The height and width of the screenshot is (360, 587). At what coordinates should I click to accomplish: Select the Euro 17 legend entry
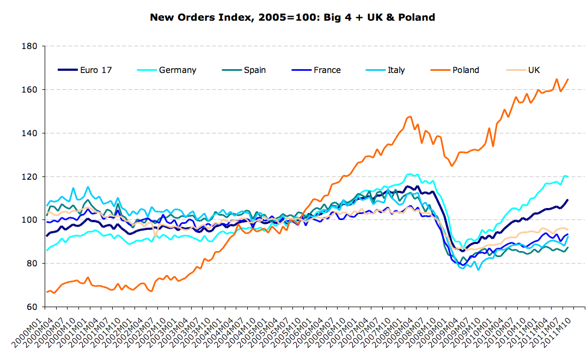pyautogui.click(x=85, y=70)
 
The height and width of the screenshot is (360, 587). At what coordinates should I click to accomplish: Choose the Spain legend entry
pyautogui.click(x=244, y=70)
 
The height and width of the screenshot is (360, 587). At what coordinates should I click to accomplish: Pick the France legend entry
pyautogui.click(x=316, y=70)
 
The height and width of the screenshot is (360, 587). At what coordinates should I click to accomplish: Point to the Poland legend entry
pyautogui.click(x=455, y=70)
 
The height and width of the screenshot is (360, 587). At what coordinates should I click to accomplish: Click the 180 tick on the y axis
pyautogui.click(x=29, y=46)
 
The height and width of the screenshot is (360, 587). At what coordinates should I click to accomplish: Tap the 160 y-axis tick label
pyautogui.click(x=29, y=89)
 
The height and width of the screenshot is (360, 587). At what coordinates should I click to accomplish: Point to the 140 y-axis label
pyautogui.click(x=29, y=133)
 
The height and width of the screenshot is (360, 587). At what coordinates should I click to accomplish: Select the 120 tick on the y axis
pyautogui.click(x=29, y=176)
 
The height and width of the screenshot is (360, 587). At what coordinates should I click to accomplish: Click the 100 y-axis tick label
pyautogui.click(x=29, y=220)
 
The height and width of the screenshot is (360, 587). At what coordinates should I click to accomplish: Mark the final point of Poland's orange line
pyautogui.click(x=568, y=79)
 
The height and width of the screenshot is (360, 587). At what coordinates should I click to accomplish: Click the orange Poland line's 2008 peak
pyautogui.click(x=411, y=116)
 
